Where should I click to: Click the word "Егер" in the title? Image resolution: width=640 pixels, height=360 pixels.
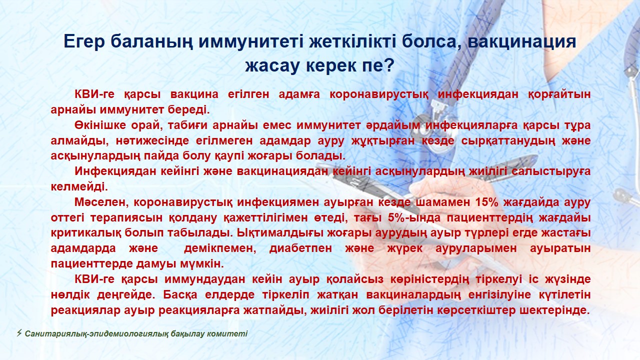coord(84,42)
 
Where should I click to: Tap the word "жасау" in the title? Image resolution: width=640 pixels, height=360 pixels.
coord(272,65)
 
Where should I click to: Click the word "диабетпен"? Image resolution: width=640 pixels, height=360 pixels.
coord(300,248)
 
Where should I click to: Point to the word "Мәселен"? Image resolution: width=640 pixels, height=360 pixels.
coord(99,202)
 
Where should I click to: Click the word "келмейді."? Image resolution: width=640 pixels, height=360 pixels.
coord(79,187)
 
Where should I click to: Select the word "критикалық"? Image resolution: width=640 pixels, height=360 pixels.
coord(85,233)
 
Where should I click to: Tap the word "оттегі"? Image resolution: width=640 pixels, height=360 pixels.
coord(67,218)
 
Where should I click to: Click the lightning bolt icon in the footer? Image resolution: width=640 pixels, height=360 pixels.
coord(19,333)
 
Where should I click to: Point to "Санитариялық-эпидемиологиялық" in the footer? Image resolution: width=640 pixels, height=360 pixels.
coord(96,334)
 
